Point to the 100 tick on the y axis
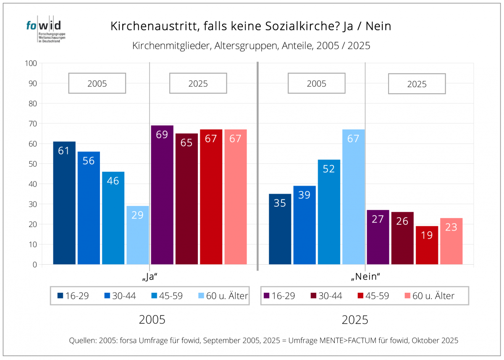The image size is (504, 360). [x=32, y=63]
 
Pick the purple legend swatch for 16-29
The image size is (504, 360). [x=266, y=296]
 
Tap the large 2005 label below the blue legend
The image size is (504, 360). [x=152, y=320]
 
